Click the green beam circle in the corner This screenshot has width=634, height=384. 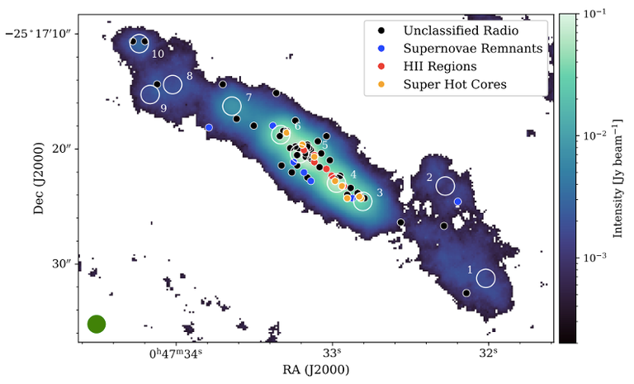(x=97, y=324)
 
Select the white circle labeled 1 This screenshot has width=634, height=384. (x=486, y=278)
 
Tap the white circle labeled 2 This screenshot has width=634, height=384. (x=446, y=187)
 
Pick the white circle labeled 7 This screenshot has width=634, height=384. (x=232, y=106)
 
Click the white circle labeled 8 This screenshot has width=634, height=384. (x=173, y=84)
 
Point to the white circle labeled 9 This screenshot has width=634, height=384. (x=150, y=94)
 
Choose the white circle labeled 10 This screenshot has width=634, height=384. (x=140, y=43)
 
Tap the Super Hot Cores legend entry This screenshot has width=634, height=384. (x=455, y=84)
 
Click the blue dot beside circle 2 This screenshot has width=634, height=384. (x=458, y=201)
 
